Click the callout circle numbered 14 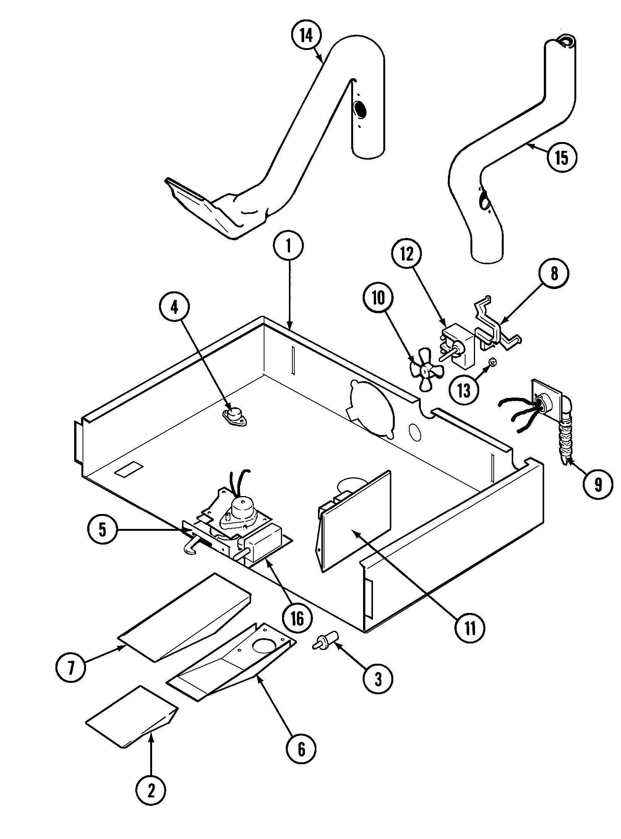(306, 36)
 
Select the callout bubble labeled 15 (561, 157)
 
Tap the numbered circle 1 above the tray (289, 246)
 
